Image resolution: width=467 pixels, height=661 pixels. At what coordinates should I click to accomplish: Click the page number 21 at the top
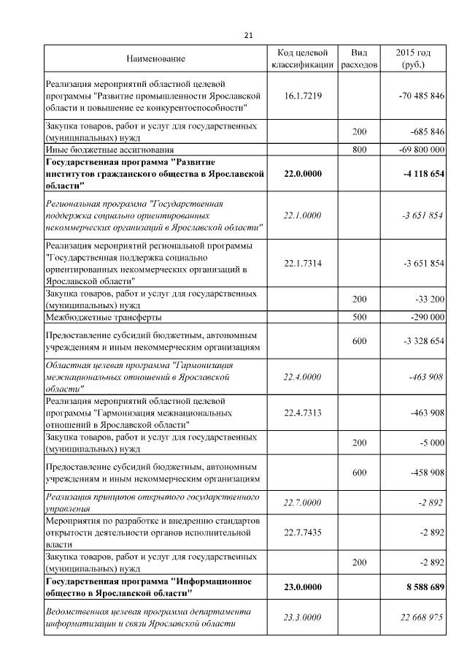(248, 35)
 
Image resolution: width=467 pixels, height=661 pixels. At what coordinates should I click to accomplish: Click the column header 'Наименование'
(155, 58)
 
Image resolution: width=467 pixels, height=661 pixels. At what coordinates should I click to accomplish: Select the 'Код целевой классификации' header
(302, 58)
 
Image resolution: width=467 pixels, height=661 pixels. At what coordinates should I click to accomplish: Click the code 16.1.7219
(302, 96)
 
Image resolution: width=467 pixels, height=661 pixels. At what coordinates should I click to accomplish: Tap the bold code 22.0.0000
(302, 174)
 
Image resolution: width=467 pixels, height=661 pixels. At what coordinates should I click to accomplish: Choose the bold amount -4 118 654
(422, 174)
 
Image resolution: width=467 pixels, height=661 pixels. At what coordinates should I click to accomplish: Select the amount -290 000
(426, 318)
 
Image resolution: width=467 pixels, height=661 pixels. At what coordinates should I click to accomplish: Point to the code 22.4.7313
(302, 413)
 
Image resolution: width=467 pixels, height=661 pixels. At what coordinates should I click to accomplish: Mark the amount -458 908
(426, 473)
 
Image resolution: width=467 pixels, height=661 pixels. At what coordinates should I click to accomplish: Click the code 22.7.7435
(302, 532)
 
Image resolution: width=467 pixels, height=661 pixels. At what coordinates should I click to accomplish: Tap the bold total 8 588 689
(424, 587)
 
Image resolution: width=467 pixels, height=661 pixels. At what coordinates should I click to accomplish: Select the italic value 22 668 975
(422, 617)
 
